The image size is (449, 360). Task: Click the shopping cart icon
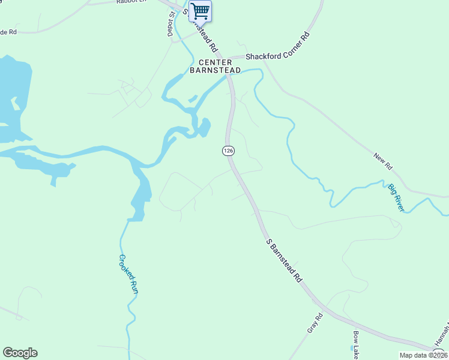pos(200,11)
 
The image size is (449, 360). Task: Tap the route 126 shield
pos(228,151)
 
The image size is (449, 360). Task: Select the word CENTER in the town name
pos(215,62)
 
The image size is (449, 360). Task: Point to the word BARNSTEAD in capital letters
pos(215,70)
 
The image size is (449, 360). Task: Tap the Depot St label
pos(171,24)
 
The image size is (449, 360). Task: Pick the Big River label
pos(396,197)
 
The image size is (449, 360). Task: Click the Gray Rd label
pos(315,323)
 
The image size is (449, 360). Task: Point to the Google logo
pos(20,353)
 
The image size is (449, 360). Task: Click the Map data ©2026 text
pos(424,355)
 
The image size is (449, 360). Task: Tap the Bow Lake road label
pos(355,345)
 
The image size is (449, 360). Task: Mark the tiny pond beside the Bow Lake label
pos(351,347)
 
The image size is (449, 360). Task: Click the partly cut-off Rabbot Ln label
pos(131,2)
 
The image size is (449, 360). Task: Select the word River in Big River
pos(400,203)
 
